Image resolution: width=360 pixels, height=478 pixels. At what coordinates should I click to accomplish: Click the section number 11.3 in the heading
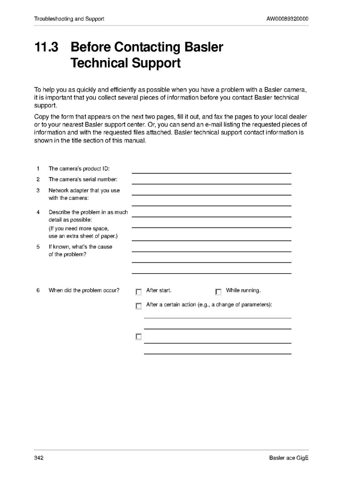46,47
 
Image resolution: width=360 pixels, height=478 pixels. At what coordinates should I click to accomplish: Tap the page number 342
39,458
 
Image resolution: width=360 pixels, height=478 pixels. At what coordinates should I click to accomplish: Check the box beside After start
139,292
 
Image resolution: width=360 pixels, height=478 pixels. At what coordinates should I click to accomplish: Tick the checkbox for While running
218,292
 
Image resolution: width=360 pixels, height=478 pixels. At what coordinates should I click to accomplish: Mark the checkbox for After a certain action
139,306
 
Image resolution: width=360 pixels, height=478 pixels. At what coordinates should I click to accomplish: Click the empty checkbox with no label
139,337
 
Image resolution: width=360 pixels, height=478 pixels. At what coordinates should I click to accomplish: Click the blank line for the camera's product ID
211,172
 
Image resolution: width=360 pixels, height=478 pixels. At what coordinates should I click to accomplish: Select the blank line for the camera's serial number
211,183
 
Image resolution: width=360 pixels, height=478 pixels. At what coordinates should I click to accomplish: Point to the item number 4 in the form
38,212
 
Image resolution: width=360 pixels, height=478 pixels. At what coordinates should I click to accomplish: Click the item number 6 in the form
38,291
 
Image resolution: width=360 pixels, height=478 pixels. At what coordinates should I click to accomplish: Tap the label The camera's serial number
83,180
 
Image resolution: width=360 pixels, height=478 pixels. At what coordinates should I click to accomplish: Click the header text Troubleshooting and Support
69,19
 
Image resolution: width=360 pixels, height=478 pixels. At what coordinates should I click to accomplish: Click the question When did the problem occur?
84,291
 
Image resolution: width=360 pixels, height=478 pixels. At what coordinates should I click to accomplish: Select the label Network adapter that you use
84,190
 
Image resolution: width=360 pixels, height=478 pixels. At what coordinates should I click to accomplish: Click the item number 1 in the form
38,169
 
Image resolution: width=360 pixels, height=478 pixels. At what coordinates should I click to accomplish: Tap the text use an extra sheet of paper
83,236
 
